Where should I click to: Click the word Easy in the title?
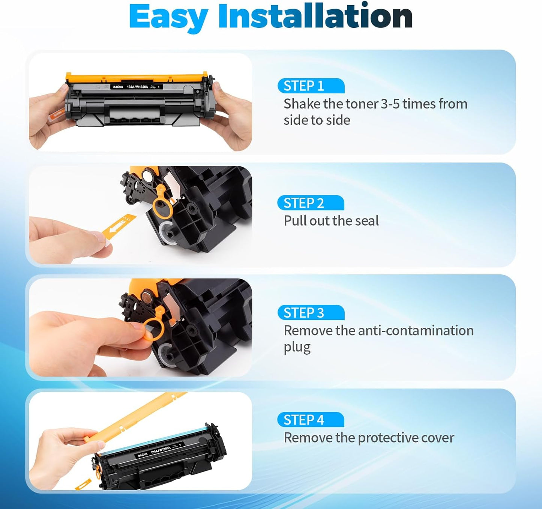tap(168, 17)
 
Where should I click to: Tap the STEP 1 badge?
tap(311, 86)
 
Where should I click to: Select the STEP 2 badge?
tap(310, 203)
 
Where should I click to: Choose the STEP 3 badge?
tap(311, 313)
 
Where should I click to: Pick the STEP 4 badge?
tap(310, 420)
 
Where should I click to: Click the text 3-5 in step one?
tap(390, 104)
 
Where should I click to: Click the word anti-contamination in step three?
tap(416, 331)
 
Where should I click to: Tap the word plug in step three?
tap(297, 347)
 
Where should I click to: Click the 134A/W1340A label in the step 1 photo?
tap(137, 87)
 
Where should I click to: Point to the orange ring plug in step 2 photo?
tap(162, 206)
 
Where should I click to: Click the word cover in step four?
tap(438, 438)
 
